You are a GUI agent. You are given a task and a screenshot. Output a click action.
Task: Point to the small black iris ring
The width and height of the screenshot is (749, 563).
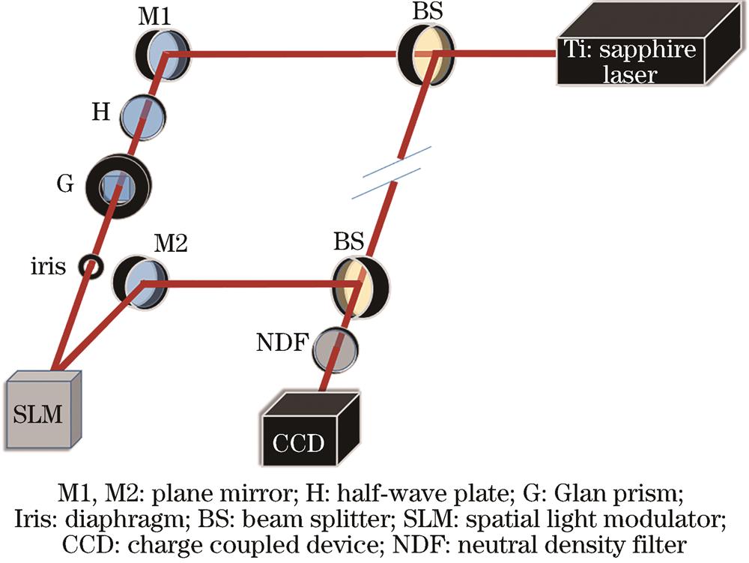pyautogui.click(x=93, y=265)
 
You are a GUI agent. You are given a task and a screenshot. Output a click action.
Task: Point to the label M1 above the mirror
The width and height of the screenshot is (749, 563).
pyautogui.click(x=154, y=16)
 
